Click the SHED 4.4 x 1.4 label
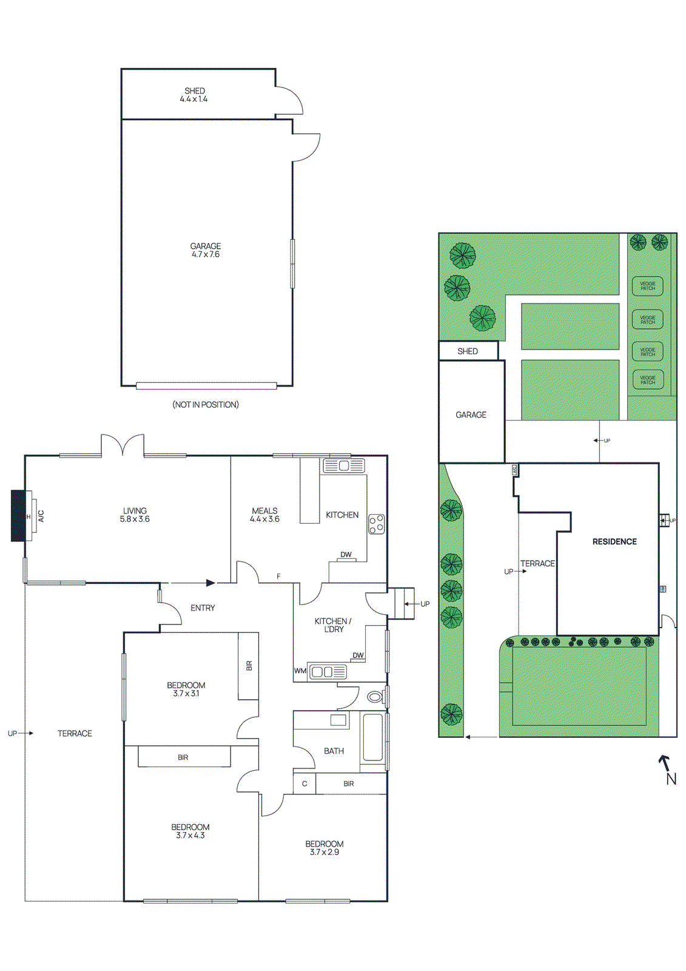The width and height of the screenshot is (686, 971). [x=194, y=95]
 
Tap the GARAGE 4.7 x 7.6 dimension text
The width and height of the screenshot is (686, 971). [x=206, y=254]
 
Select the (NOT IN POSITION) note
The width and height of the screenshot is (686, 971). [x=206, y=405]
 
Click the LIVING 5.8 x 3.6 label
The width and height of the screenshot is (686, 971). [x=135, y=515]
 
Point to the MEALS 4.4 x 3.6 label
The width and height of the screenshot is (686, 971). [x=264, y=515]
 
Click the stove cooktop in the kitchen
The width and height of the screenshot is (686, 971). [x=377, y=524]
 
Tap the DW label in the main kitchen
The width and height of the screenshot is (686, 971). [x=346, y=555]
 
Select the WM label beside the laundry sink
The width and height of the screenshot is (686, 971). [x=300, y=671]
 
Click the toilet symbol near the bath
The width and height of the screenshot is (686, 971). [x=375, y=697]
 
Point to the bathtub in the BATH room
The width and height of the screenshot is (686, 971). [x=372, y=738]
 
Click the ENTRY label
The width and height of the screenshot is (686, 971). [x=203, y=608]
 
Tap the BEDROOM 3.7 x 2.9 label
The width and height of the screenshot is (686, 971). [x=325, y=848]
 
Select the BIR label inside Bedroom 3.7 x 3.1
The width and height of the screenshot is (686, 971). [x=249, y=666]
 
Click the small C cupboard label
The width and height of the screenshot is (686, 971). [x=304, y=784]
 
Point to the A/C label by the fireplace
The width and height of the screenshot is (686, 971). [x=41, y=516]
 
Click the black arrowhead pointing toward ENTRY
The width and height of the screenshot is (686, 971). [x=210, y=583]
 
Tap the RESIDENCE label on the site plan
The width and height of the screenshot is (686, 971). [x=614, y=542]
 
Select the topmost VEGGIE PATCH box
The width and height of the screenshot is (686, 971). [x=648, y=286]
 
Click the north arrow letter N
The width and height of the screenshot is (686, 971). [x=671, y=779]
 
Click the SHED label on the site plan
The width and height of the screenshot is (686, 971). [x=468, y=351]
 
